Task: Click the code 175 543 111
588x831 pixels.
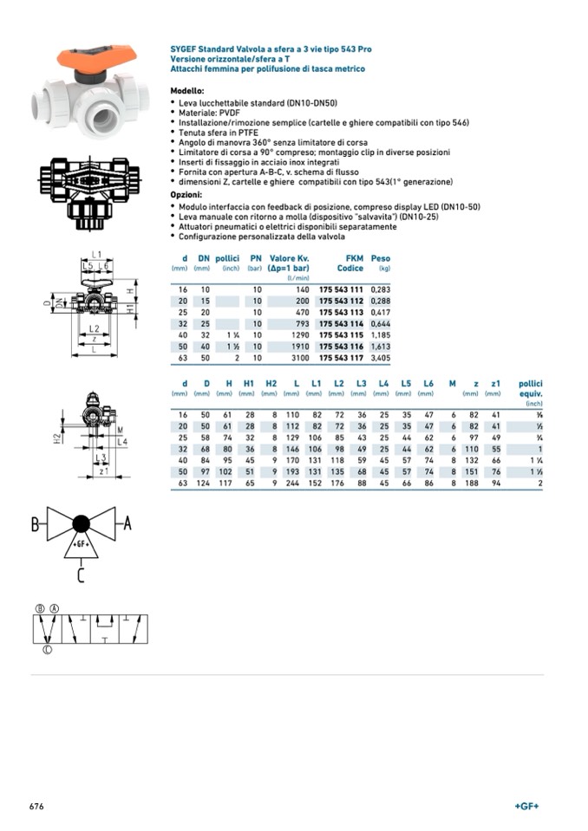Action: pyautogui.click(x=341, y=289)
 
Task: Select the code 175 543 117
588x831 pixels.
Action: pyautogui.click(x=341, y=357)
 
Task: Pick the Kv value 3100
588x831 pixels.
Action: pyautogui.click(x=299, y=357)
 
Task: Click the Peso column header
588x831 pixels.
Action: pyautogui.click(x=380, y=258)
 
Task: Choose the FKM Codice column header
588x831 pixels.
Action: pyautogui.click(x=350, y=263)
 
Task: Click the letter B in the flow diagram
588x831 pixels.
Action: pyautogui.click(x=36, y=524)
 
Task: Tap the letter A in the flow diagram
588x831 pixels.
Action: pyautogui.click(x=127, y=523)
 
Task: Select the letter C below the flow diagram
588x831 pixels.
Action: pyautogui.click(x=80, y=574)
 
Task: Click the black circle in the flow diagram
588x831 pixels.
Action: pyautogui.click(x=81, y=523)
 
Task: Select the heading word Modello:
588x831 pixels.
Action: pyautogui.click(x=187, y=91)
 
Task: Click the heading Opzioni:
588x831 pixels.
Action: pyautogui.click(x=186, y=195)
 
